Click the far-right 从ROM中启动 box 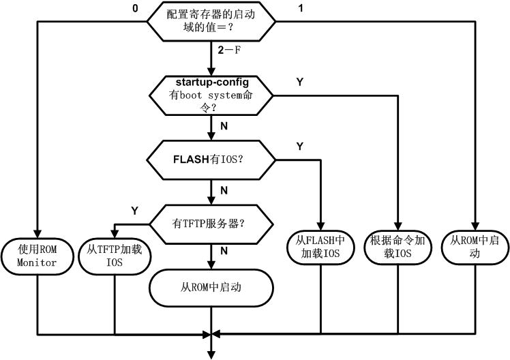pyautogui.click(x=475, y=247)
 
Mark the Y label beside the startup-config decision pyautogui.click(x=299, y=82)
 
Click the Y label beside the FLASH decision pyautogui.click(x=299, y=146)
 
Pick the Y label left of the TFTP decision pyautogui.click(x=134, y=211)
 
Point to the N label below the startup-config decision pyautogui.click(x=223, y=126)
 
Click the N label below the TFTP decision pyautogui.click(x=223, y=250)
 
